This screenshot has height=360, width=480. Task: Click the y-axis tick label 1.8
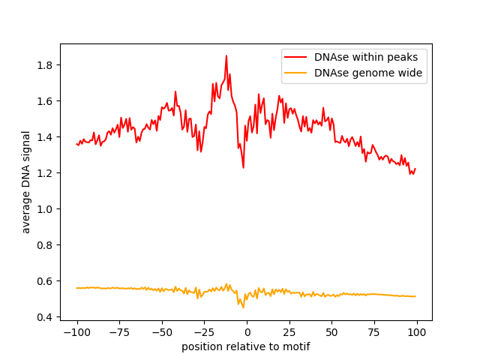coord(44,65)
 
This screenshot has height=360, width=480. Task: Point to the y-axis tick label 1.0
coord(44,209)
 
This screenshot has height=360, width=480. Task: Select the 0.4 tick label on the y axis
coord(44,317)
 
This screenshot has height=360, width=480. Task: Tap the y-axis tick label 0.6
coord(44,281)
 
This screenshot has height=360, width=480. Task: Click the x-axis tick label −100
coord(77,332)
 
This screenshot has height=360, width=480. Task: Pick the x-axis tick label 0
coord(247,332)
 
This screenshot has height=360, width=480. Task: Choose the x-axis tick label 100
coord(417,332)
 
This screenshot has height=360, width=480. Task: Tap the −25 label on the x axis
coord(205,332)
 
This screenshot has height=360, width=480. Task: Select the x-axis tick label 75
coord(374,332)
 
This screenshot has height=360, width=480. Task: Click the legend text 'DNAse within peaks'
coord(366,57)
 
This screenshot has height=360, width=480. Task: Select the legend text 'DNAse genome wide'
coord(368,73)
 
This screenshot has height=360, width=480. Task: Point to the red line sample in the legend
coord(295,57)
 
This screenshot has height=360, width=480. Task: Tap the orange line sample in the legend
coord(295,73)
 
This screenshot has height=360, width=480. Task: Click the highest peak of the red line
coord(226,56)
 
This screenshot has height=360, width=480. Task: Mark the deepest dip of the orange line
coord(243,307)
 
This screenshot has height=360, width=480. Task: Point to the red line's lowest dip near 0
coord(243,167)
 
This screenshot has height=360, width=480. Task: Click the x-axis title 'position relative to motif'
coord(245,346)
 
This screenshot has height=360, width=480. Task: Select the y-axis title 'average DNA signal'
coord(26,182)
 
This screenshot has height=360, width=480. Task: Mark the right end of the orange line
coord(415,296)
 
